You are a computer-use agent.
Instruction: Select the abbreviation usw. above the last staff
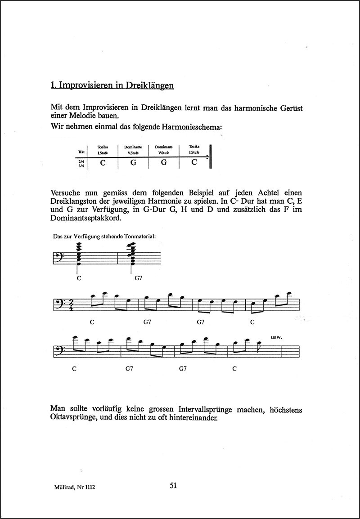tap(277, 336)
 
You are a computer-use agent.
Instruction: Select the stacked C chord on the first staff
tap(79, 255)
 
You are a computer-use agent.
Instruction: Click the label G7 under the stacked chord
tap(139, 278)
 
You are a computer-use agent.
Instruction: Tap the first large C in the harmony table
tap(103, 162)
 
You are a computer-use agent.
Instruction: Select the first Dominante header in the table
tap(133, 147)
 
